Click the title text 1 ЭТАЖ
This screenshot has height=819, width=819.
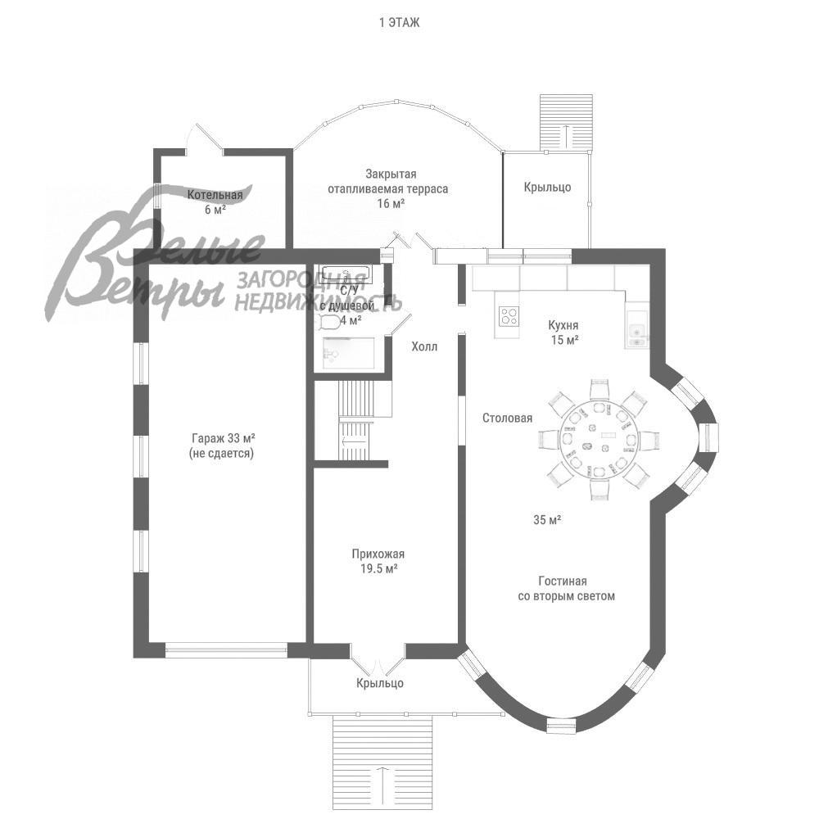pos(399,23)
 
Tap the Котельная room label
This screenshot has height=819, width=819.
pos(215,195)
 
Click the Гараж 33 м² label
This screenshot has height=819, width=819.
pos(221,438)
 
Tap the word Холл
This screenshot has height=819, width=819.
pos(424,346)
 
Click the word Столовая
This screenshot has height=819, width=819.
pos(507,418)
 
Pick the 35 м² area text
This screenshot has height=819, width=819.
pos(546,519)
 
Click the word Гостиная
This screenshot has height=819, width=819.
pos(566,580)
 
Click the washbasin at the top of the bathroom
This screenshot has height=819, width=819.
pos(345,274)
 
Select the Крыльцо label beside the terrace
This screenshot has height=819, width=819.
pos(547,188)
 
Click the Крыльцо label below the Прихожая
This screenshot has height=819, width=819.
pos(379,683)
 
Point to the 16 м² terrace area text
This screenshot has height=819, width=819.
pos(391,203)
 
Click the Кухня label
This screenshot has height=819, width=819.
pos(564,324)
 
